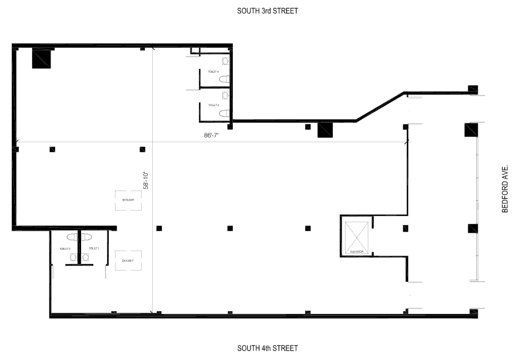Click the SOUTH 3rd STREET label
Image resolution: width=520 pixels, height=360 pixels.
pos(267,11)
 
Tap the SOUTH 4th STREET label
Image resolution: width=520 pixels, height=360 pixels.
pos(267,348)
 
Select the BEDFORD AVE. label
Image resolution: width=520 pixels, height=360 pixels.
pos(505,188)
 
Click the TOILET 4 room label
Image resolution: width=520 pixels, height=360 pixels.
pos(213,72)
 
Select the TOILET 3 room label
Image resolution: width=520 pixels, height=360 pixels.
pos(213,105)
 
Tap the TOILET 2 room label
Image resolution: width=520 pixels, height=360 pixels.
pos(65,248)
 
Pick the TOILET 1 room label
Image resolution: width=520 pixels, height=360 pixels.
pos(94,248)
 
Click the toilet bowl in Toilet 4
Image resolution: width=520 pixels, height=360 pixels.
pos(224,80)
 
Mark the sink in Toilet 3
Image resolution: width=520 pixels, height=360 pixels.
pos(226,96)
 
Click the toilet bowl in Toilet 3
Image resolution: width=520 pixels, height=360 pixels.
pos(224,113)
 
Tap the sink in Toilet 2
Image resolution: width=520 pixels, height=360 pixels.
pos(73,257)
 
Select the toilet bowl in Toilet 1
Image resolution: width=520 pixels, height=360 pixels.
pos(88,237)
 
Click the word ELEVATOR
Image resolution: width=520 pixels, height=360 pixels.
pos(357,252)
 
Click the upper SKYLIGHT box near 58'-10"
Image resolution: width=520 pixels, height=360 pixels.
pos(128,200)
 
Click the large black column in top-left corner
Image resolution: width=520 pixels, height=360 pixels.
pos(42,58)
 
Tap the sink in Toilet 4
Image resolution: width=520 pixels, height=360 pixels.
pos(226,61)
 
